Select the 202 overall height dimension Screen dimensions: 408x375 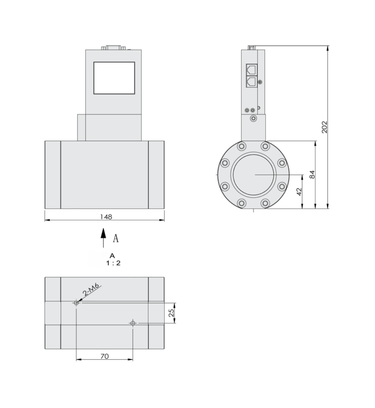[x=324, y=127]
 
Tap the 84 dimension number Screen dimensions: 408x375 [x=312, y=175]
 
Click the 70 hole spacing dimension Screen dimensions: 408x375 [x=104, y=356]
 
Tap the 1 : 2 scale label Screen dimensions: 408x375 [x=113, y=263]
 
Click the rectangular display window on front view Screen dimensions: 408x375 [x=114, y=78]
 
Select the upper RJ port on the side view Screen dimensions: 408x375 [x=252, y=69]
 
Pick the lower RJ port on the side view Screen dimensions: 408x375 [x=252, y=82]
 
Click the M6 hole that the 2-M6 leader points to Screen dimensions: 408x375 [x=76, y=303]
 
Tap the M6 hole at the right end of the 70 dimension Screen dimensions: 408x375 [x=133, y=323]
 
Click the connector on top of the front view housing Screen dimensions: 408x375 [x=114, y=48]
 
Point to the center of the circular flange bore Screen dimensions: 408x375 [x=254, y=175]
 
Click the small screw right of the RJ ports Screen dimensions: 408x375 [x=260, y=82]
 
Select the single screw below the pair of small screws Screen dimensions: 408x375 [x=253, y=118]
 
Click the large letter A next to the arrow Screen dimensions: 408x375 [x=116, y=239]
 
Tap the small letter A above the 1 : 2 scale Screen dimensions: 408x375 [x=112, y=255]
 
